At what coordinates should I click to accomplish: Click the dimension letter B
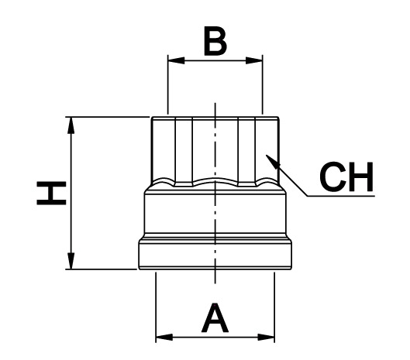tap(215, 41)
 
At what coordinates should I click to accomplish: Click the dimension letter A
tap(215, 317)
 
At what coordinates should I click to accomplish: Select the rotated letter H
tap(51, 193)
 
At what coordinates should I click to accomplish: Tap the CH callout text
tap(346, 177)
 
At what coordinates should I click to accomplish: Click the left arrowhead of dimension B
tap(176, 60)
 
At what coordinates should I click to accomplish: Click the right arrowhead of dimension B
tap(254, 60)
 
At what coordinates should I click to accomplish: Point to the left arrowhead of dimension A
tap(164, 337)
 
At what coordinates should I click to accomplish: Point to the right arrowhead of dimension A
tap(266, 337)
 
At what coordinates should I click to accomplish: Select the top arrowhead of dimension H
tap(71, 125)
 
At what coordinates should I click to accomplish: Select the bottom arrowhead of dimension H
tap(71, 260)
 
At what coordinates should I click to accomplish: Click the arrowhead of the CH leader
tap(273, 162)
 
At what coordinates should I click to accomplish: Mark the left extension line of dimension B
tap(167, 84)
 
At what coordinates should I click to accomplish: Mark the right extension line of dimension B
tap(262, 84)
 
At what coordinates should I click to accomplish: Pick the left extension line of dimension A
tap(156, 307)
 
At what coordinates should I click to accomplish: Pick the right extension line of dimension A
tap(274, 307)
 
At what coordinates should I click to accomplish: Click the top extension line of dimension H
tap(107, 117)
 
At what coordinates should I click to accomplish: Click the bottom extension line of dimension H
tap(102, 269)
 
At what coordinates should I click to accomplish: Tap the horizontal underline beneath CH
tap(341, 196)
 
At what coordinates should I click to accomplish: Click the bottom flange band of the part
tap(215, 255)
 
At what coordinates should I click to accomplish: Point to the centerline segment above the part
tap(215, 110)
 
